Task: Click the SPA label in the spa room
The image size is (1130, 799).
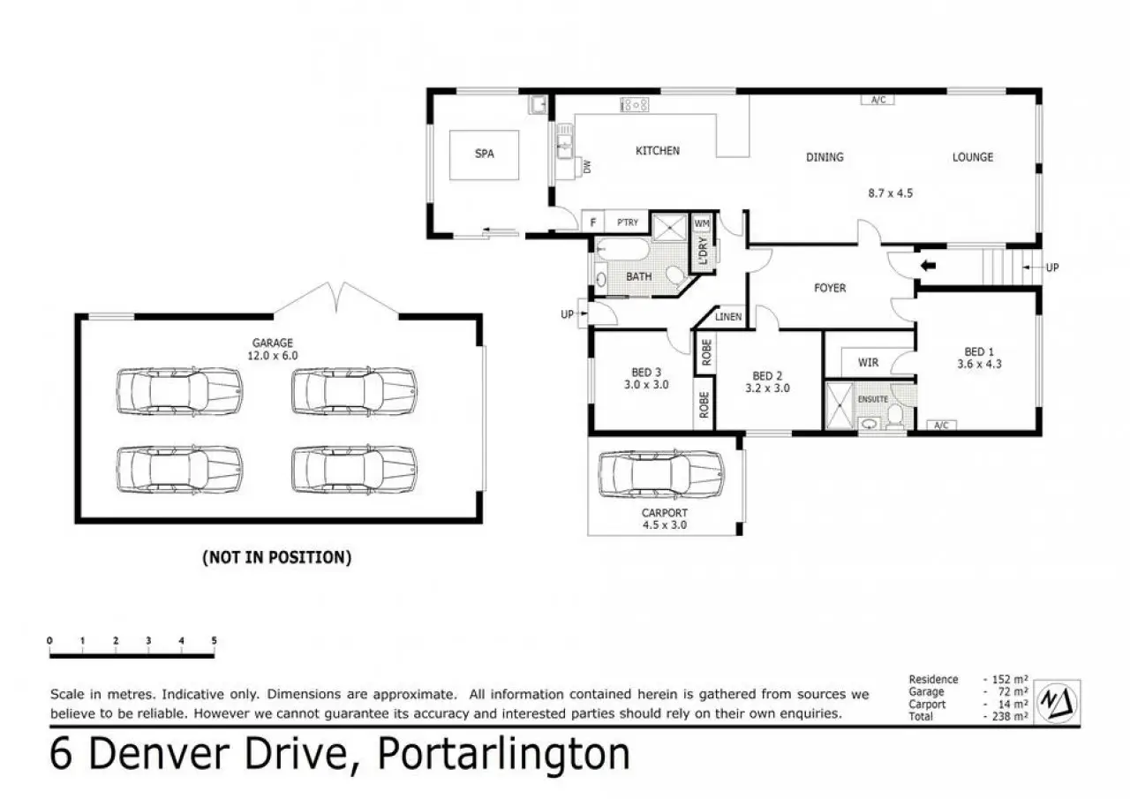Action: tap(484, 154)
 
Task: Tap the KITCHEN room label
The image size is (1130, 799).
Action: tap(658, 151)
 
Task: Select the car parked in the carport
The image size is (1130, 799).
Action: tap(661, 474)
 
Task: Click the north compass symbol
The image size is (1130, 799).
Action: tap(1057, 702)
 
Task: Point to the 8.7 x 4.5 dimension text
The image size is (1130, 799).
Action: tap(891, 193)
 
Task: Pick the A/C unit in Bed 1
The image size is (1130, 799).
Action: tap(941, 426)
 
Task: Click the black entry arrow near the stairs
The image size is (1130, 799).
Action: tap(928, 266)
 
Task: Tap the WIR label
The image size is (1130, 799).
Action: tap(868, 362)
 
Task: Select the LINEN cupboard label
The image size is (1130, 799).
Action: tap(728, 317)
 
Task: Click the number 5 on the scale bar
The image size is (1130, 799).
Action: tap(214, 641)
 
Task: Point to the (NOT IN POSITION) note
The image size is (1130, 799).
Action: tap(276, 557)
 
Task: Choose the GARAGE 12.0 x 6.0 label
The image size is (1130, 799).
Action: tap(273, 349)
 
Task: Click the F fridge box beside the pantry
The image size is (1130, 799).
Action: tap(593, 222)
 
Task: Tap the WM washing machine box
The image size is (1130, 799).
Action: tap(702, 223)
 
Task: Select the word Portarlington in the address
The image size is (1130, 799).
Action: tap(503, 755)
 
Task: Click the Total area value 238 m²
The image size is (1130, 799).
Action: tap(1006, 716)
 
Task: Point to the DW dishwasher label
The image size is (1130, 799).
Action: tap(587, 167)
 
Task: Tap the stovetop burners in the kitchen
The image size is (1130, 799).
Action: tap(634, 105)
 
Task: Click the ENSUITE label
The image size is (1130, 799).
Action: tap(873, 399)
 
